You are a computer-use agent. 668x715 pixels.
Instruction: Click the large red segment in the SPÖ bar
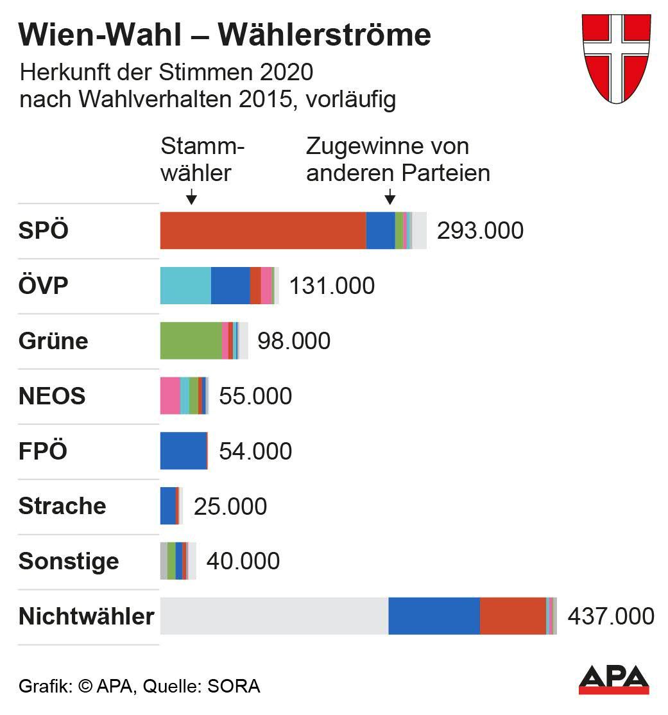[x=262, y=230]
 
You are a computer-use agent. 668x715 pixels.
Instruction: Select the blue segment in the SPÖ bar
[x=381, y=230]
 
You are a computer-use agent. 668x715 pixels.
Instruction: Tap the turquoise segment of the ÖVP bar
[x=185, y=286]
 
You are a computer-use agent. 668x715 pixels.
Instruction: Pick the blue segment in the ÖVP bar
[x=230, y=286]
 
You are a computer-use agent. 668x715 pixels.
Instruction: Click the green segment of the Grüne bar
[x=191, y=341]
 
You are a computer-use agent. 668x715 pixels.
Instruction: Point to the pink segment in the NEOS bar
[x=170, y=396]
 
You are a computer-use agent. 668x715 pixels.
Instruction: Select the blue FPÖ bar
[x=184, y=451]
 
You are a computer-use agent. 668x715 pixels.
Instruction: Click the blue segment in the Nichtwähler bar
[x=434, y=616]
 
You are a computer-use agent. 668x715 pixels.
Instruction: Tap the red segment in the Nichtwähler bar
[x=513, y=616]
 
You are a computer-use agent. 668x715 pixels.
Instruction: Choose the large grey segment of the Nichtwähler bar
[x=274, y=616]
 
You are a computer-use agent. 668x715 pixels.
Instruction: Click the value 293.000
[x=480, y=231]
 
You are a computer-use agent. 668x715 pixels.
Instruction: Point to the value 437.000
[x=611, y=617]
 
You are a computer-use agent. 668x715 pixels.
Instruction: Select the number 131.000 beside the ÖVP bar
[x=332, y=286]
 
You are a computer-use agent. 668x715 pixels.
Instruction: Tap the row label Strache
[x=62, y=506]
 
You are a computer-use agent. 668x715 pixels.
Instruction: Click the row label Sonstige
[x=69, y=562]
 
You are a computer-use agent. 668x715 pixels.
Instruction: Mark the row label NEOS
[x=52, y=396]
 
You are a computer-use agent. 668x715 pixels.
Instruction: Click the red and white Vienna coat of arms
[x=615, y=58]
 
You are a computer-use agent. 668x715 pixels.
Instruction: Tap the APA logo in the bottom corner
[x=613, y=680]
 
